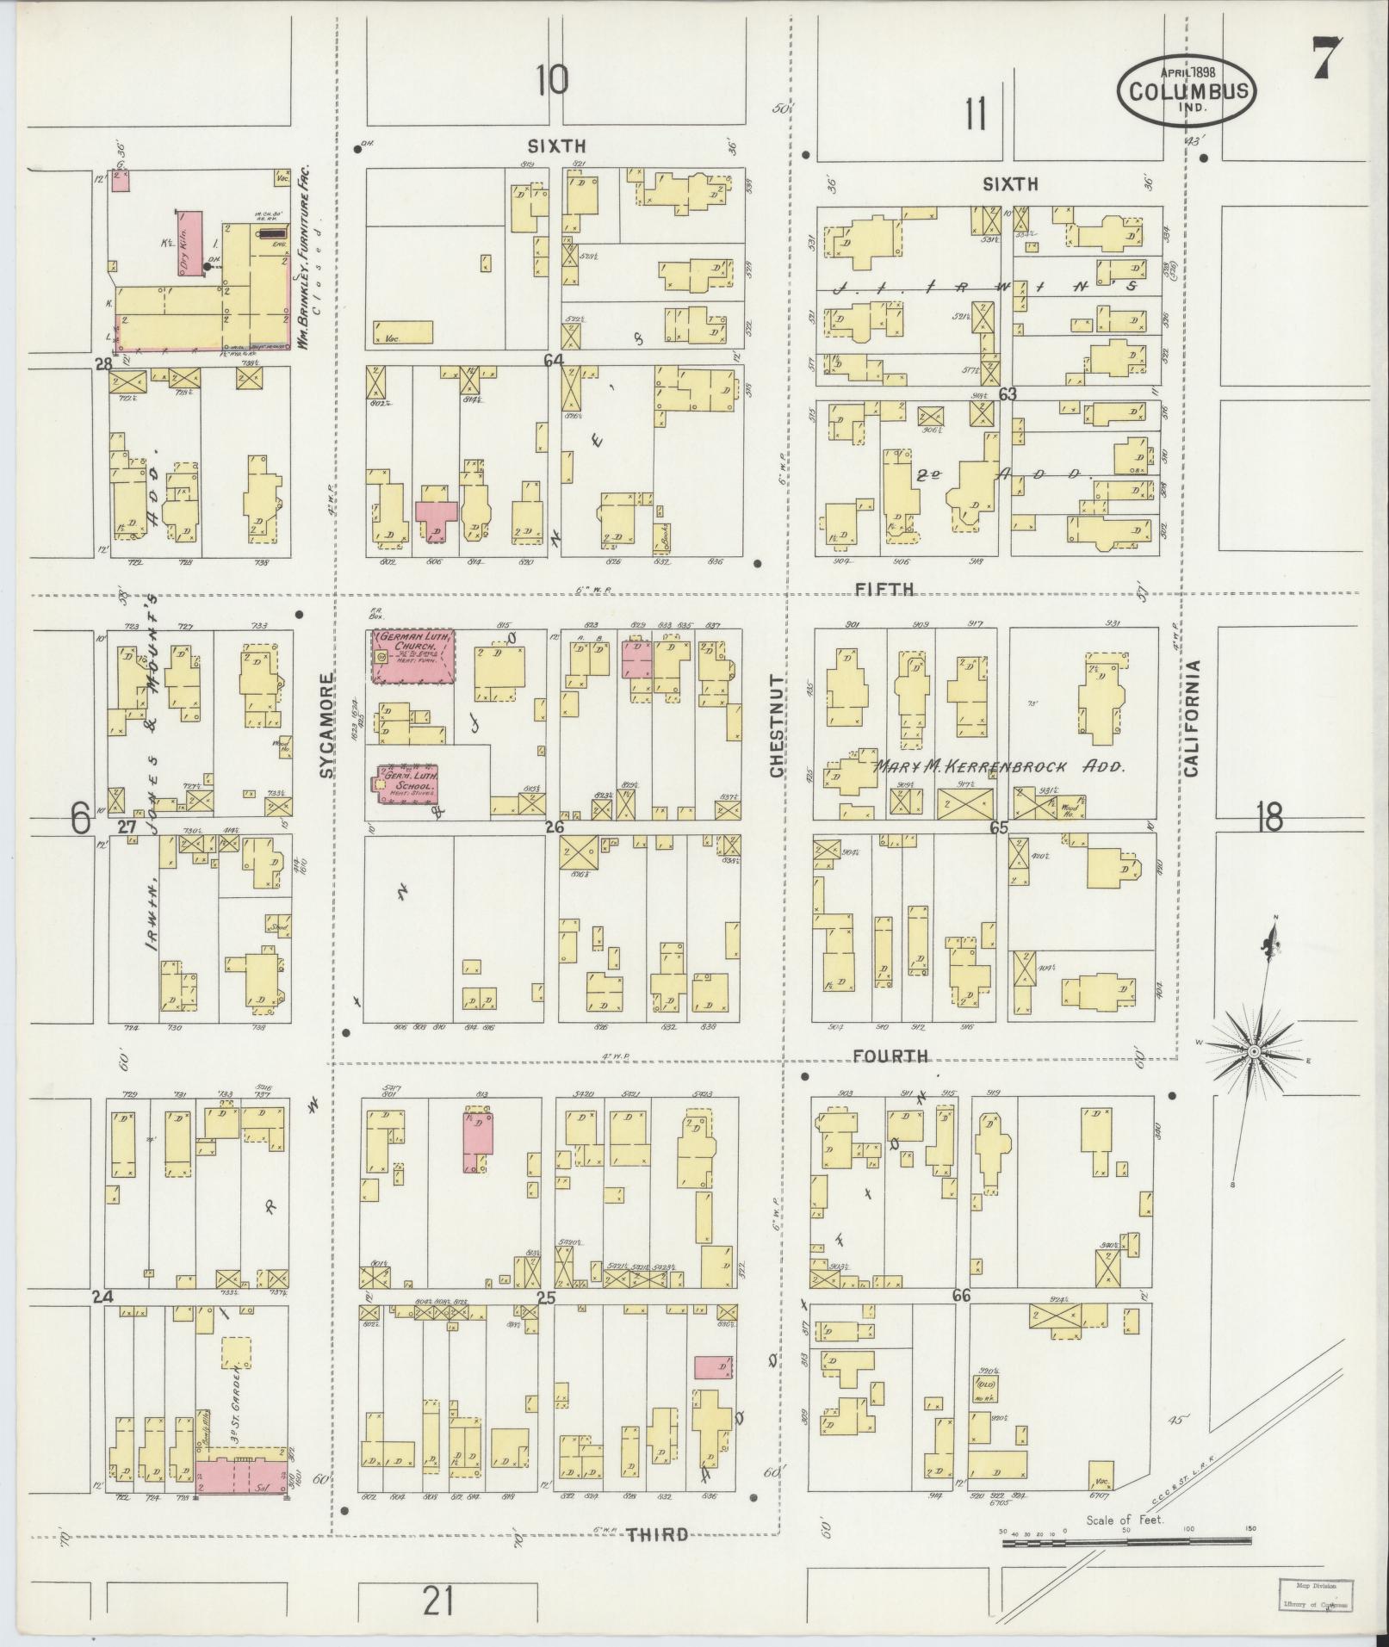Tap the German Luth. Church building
(x=413, y=656)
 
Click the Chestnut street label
(x=777, y=727)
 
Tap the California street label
(x=1191, y=718)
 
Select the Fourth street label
(x=890, y=1056)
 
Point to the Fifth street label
(x=884, y=589)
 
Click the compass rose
(x=1255, y=1052)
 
